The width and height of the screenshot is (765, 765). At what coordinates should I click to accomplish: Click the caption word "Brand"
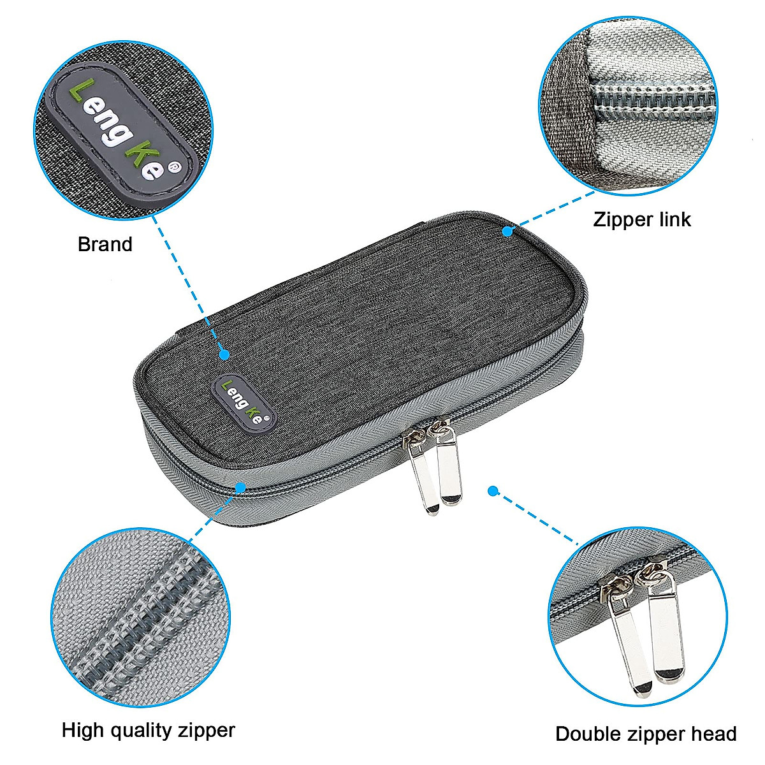point(105,244)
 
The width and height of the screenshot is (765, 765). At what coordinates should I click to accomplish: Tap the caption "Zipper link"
point(641,220)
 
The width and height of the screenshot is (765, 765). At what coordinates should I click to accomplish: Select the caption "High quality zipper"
point(149,730)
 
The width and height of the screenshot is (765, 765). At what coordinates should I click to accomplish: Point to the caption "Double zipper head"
point(646,734)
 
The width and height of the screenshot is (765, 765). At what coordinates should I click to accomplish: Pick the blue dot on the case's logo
point(224,354)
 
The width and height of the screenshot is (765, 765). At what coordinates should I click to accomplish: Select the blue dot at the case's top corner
point(507,231)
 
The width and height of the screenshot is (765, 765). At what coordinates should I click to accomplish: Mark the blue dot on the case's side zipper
point(240,488)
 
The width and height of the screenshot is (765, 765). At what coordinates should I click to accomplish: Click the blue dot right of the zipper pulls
point(492,491)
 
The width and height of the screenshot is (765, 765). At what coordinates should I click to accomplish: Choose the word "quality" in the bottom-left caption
point(142,731)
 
